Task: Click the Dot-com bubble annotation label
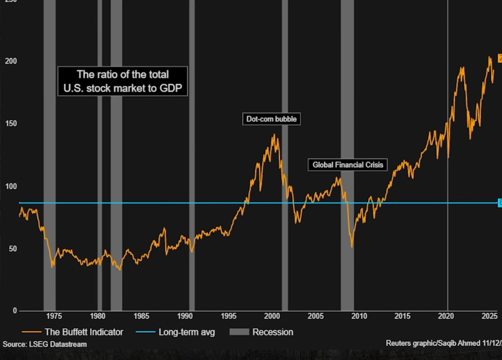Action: coord(272,119)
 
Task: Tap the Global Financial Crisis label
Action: coord(348,165)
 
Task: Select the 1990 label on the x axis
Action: coord(185,316)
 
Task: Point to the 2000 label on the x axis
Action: coord(272,316)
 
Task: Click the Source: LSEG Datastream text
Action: coord(45,344)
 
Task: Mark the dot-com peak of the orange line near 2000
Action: coord(274,135)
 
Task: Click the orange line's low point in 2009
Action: coord(352,247)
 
